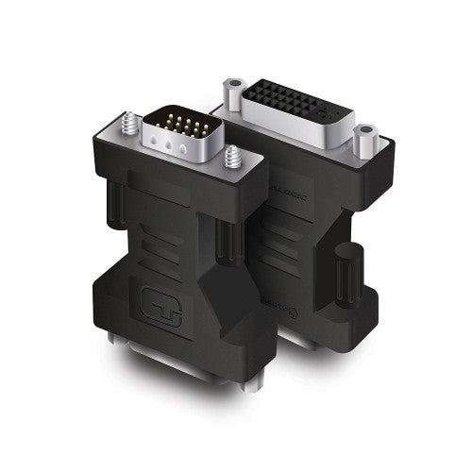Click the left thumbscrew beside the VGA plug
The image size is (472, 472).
tap(127, 123)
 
